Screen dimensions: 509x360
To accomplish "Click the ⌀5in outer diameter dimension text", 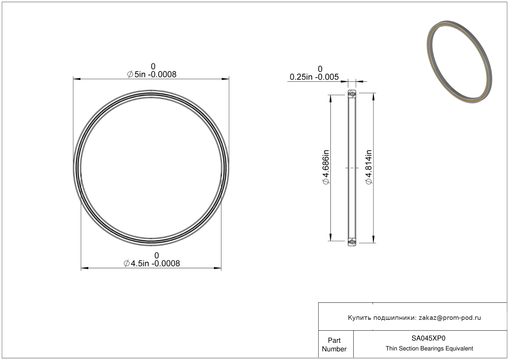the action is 152,74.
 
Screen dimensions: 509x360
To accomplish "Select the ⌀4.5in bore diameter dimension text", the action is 152,264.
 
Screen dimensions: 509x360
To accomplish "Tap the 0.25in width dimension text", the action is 314,77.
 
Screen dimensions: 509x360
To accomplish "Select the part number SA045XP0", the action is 428,338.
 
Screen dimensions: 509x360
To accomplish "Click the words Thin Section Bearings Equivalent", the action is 429,349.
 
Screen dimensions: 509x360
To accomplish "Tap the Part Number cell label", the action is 334,345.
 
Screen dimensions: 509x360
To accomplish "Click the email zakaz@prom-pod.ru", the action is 450,318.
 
